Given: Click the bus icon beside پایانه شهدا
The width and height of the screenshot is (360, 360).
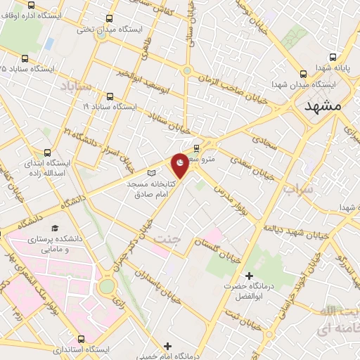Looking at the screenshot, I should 303,74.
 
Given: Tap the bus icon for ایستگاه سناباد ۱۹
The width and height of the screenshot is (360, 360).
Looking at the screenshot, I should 110,97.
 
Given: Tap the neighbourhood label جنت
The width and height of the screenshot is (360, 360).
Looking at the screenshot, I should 169,238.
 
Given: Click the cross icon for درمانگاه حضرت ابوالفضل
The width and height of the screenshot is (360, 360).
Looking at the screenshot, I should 248,275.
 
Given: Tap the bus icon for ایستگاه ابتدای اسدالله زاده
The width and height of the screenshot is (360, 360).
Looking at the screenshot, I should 47,152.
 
